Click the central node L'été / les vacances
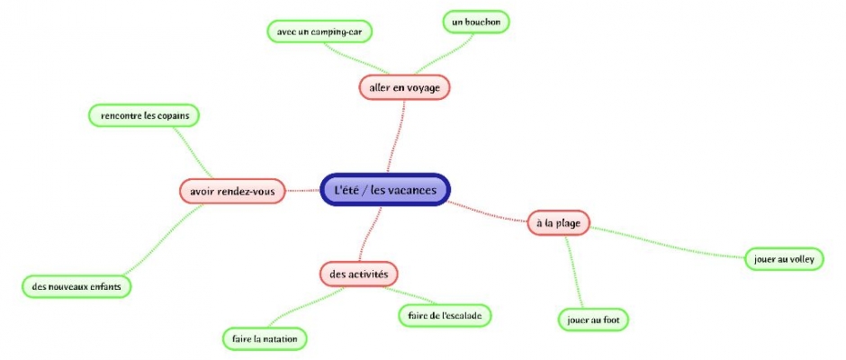(x=385, y=190)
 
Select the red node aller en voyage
(x=403, y=87)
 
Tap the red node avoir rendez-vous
(x=232, y=191)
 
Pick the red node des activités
(x=358, y=273)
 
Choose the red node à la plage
(x=557, y=221)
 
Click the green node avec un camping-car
(x=319, y=31)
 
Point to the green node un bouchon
(x=476, y=20)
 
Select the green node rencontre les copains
(x=144, y=115)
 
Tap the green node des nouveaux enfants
(x=76, y=286)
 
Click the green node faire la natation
(x=265, y=338)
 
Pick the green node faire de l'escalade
(x=445, y=315)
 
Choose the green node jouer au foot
(x=592, y=319)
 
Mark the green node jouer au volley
(x=779, y=259)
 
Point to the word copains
(x=173, y=115)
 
